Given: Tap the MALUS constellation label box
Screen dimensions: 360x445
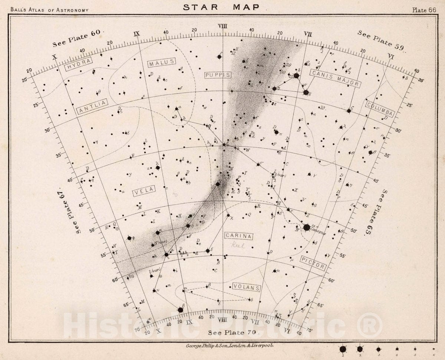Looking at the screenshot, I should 162,63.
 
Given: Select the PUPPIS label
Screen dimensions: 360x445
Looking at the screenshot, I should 218,75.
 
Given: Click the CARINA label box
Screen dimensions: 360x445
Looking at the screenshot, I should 238,236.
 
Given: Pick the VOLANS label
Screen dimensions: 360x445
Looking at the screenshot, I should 247,287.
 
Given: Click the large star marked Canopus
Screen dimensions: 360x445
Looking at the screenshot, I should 307,227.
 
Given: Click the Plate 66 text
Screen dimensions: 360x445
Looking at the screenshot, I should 424,10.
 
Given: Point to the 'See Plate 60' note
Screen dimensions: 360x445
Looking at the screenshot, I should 76,38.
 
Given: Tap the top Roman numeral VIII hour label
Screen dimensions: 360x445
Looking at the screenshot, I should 222,26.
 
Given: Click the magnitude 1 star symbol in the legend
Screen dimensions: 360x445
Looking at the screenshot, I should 343,349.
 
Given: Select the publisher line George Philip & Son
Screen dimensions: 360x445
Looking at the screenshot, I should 230,345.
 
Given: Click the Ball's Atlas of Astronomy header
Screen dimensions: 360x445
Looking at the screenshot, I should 50,10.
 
